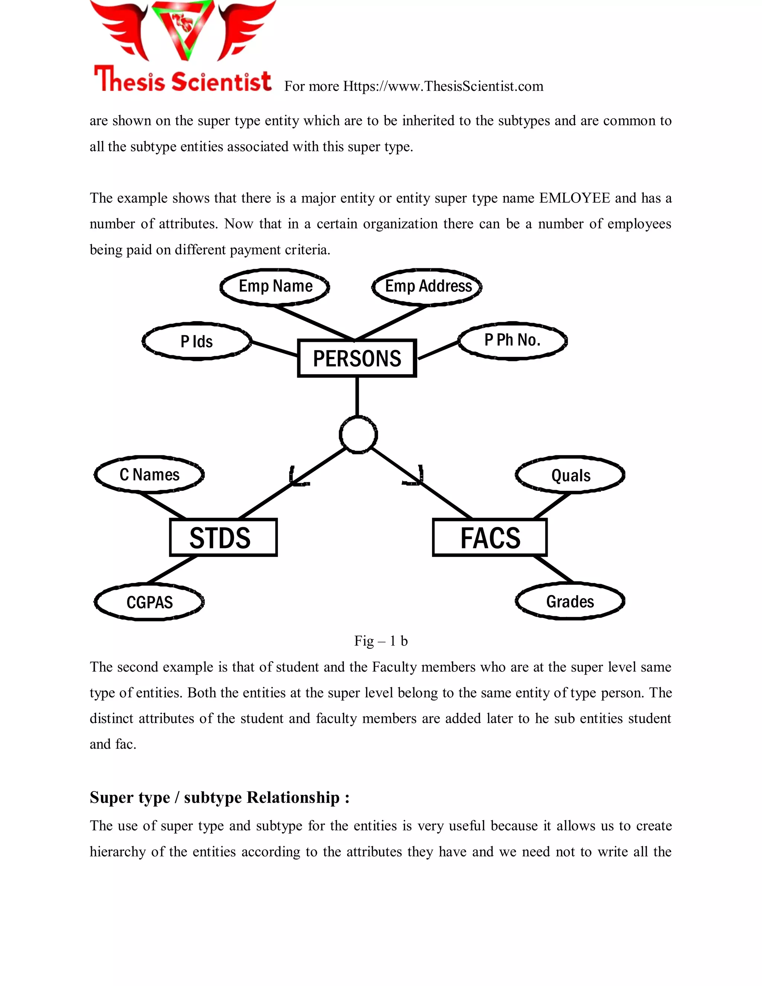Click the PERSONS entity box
pos(356,358)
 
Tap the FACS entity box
pos(489,537)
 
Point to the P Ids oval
pos(197,341)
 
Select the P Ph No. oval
pos(512,340)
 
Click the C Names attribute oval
pos(150,474)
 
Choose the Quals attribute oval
pos(570,475)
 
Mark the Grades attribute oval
pos(570,601)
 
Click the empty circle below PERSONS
pos(358,435)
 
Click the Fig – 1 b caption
pos(381,641)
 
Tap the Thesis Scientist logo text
pos(182,80)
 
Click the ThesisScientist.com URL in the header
pos(443,86)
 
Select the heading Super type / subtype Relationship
pos(220,798)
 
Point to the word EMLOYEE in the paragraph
pos(574,198)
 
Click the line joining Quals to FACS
pos(552,506)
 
